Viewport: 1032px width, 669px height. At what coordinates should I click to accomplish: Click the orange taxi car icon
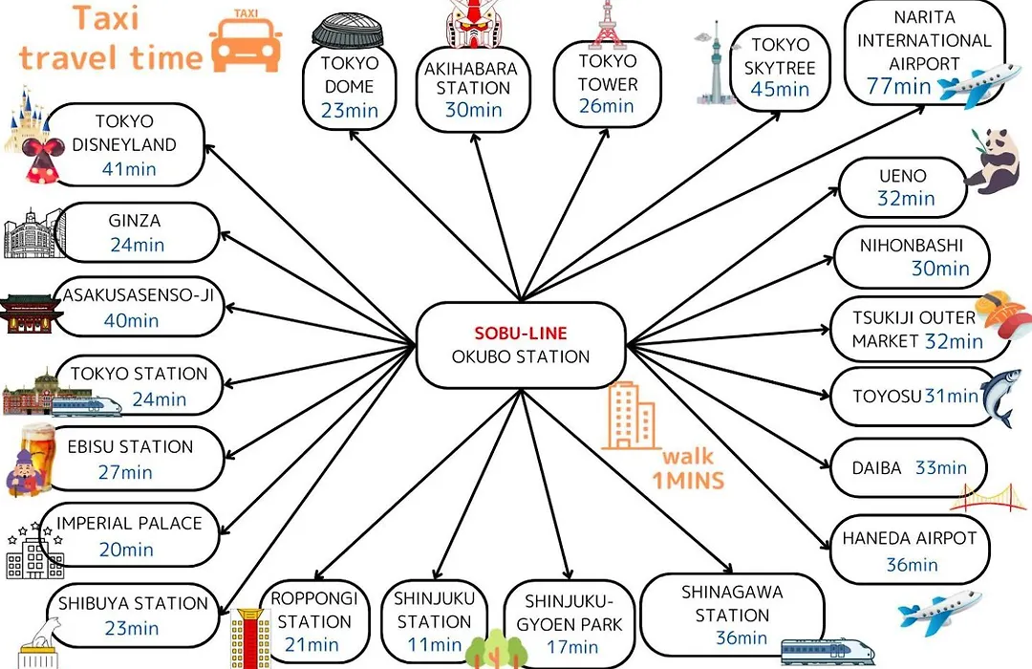coord(247,41)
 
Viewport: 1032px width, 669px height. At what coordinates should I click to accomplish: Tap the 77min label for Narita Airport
coord(898,86)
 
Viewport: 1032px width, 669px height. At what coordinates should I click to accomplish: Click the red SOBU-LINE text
coord(521,334)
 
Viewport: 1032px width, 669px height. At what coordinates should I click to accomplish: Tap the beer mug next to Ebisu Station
coord(38,442)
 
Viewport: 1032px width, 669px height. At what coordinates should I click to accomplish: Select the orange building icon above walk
coord(631,416)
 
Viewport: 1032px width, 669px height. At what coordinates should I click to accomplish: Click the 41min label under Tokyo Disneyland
coord(129,169)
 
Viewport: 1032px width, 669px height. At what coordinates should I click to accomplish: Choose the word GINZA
coord(135,221)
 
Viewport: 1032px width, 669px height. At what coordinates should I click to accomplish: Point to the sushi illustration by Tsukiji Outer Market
coord(1001,313)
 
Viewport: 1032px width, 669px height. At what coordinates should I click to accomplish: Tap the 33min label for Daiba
coord(941,467)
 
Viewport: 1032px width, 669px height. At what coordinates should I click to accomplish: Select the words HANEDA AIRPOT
coord(910,538)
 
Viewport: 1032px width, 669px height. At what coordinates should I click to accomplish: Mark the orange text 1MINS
coord(688,481)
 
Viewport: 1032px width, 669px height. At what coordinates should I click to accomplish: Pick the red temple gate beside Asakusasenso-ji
coord(29,314)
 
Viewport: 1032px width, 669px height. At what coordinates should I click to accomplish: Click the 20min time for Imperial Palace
coord(126,550)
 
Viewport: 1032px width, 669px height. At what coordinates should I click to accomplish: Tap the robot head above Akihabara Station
coord(473,24)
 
